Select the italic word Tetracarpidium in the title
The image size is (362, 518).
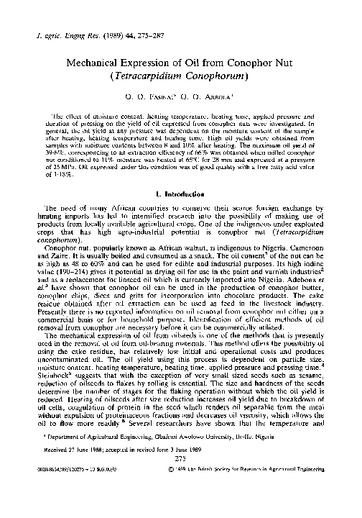pos(155,76)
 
